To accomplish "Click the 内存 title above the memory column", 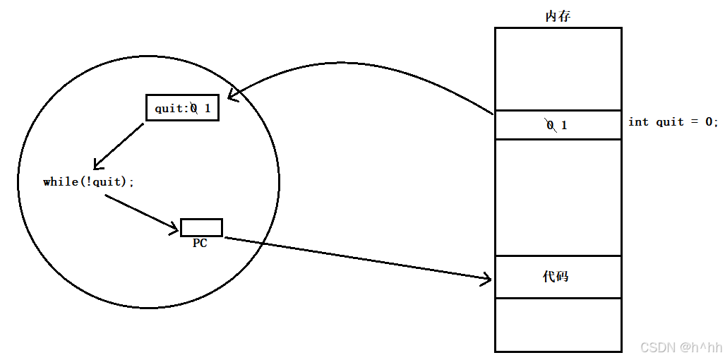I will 558,16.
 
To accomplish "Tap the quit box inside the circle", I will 182,108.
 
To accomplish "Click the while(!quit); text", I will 88,182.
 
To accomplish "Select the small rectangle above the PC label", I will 201,227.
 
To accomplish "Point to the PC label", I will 200,243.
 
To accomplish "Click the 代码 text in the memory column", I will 556,276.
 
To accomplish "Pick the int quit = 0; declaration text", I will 673,122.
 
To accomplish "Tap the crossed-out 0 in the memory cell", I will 550,126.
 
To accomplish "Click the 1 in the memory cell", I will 564,126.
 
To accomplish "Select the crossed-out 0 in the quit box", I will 194,109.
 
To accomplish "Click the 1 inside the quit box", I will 208,109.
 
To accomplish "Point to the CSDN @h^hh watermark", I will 681,347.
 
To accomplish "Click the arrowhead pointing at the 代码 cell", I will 487,280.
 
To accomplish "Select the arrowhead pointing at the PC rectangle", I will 174,227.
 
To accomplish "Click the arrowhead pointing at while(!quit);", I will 97,164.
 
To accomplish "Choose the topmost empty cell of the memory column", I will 558,68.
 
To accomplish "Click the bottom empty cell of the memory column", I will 558,325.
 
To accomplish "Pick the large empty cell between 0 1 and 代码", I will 558,198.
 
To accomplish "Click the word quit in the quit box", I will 169,109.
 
